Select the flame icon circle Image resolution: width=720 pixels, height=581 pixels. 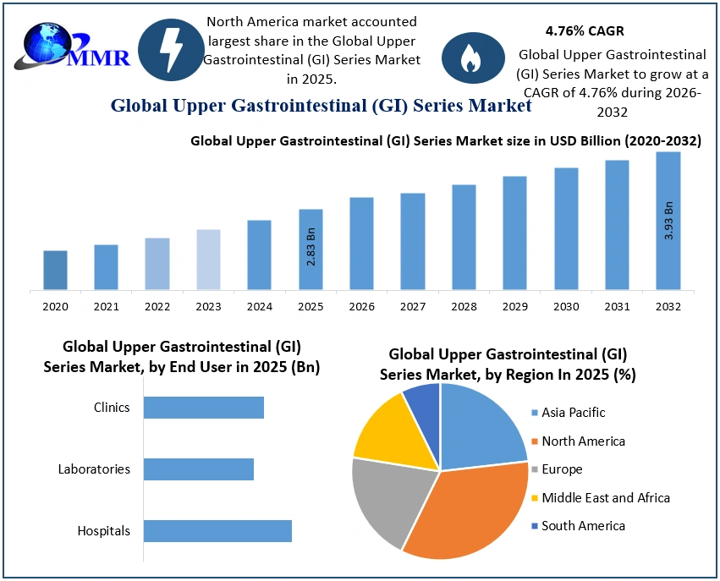point(469,58)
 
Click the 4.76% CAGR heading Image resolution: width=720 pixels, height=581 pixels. point(585,31)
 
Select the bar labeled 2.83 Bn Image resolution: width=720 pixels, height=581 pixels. point(311,249)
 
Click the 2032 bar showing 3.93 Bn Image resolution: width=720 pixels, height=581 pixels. point(668,222)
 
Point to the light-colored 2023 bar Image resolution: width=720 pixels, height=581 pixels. point(208,260)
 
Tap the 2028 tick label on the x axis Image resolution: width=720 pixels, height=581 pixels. point(464,306)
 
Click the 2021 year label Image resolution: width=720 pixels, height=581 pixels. point(106,306)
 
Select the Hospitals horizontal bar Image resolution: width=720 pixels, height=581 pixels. point(217,531)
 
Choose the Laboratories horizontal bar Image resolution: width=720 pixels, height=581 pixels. point(199,469)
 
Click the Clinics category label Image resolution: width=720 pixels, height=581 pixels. point(112,408)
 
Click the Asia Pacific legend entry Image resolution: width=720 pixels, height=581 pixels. point(573,413)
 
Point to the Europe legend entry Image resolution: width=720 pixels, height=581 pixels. point(562,469)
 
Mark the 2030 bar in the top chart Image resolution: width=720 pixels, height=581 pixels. point(566,229)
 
